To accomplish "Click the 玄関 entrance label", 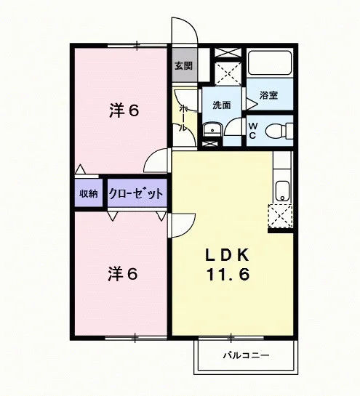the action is click(184, 66).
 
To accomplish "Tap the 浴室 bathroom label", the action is click(269, 95).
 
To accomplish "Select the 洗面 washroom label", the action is click(222, 105).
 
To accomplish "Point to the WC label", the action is click(253, 131).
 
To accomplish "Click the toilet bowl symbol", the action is click(279, 131).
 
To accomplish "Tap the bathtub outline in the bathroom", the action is click(270, 62).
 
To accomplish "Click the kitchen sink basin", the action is click(282, 191).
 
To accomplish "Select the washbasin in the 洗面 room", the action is click(212, 130).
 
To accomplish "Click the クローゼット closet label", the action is click(135, 193).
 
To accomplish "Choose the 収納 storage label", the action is click(89, 193).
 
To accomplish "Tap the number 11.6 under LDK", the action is click(228, 275).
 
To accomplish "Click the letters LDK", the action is click(228, 255).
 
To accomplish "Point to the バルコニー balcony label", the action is click(247, 355).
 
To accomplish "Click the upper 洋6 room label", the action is click(124, 110).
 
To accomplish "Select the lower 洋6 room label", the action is click(123, 274).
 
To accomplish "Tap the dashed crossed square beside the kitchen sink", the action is click(280, 216).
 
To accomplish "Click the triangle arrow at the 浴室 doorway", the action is click(252, 104).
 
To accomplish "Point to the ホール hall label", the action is click(184, 118).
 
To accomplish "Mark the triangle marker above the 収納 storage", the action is click(81, 169).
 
